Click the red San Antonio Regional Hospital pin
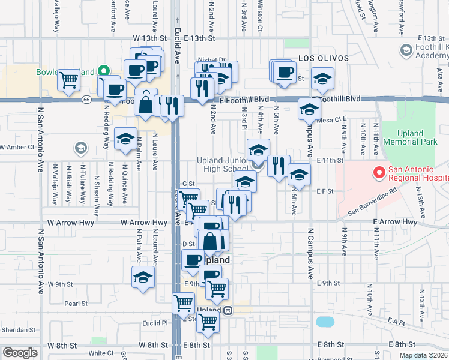[379, 173]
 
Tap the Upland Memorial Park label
[418, 137]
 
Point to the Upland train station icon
[228, 311]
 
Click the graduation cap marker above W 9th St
[143, 277]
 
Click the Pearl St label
[76, 304]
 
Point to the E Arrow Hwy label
[394, 222]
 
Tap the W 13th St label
[149, 38]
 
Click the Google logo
[20, 353]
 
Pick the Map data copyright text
[423, 355]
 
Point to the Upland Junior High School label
[223, 164]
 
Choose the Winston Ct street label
[260, 15]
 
